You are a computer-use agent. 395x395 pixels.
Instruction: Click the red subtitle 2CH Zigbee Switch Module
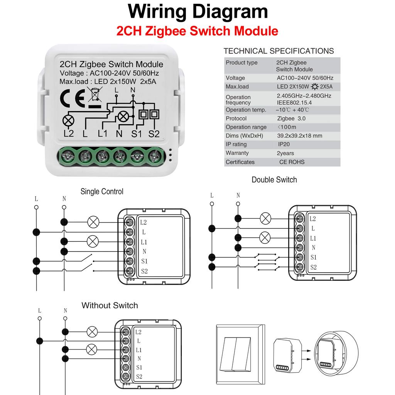coord(197,30)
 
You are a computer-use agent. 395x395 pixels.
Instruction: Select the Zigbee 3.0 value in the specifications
coord(291,118)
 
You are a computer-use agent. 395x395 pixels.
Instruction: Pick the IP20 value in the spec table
coord(284,144)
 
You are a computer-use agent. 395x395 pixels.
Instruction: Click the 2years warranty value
coord(285,153)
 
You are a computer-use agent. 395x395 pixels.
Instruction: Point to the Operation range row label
coord(246,127)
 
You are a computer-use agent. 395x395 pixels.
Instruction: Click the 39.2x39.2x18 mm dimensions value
coord(299,136)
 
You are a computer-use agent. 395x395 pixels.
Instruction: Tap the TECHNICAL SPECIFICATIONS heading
coord(279,51)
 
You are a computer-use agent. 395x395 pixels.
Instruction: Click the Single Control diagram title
coord(102,191)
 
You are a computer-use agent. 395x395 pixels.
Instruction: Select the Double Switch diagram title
coord(274,180)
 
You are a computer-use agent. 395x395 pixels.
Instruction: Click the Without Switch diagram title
coord(110,306)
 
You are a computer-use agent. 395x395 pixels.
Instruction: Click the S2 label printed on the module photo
coord(154,134)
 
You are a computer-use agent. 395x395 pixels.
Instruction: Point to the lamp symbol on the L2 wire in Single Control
coord(93,222)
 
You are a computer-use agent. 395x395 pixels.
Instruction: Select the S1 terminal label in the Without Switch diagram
coord(139,367)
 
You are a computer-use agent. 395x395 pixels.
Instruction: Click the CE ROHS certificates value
coord(292,162)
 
